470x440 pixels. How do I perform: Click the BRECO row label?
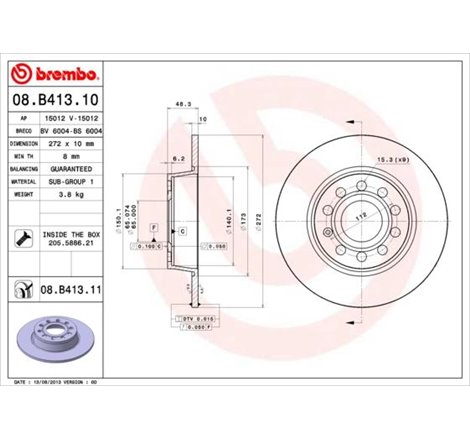[x=24, y=131]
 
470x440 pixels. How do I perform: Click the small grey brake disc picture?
[x=55, y=335]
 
